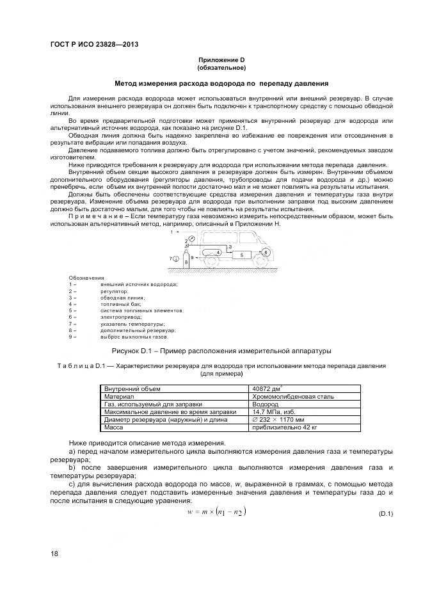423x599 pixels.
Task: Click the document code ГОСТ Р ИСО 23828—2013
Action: coord(95,44)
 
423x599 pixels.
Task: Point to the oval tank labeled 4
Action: coord(211,253)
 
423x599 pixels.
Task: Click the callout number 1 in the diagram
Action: coord(172,232)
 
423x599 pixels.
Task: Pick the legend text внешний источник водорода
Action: coord(139,285)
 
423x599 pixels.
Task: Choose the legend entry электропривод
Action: coord(121,317)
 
